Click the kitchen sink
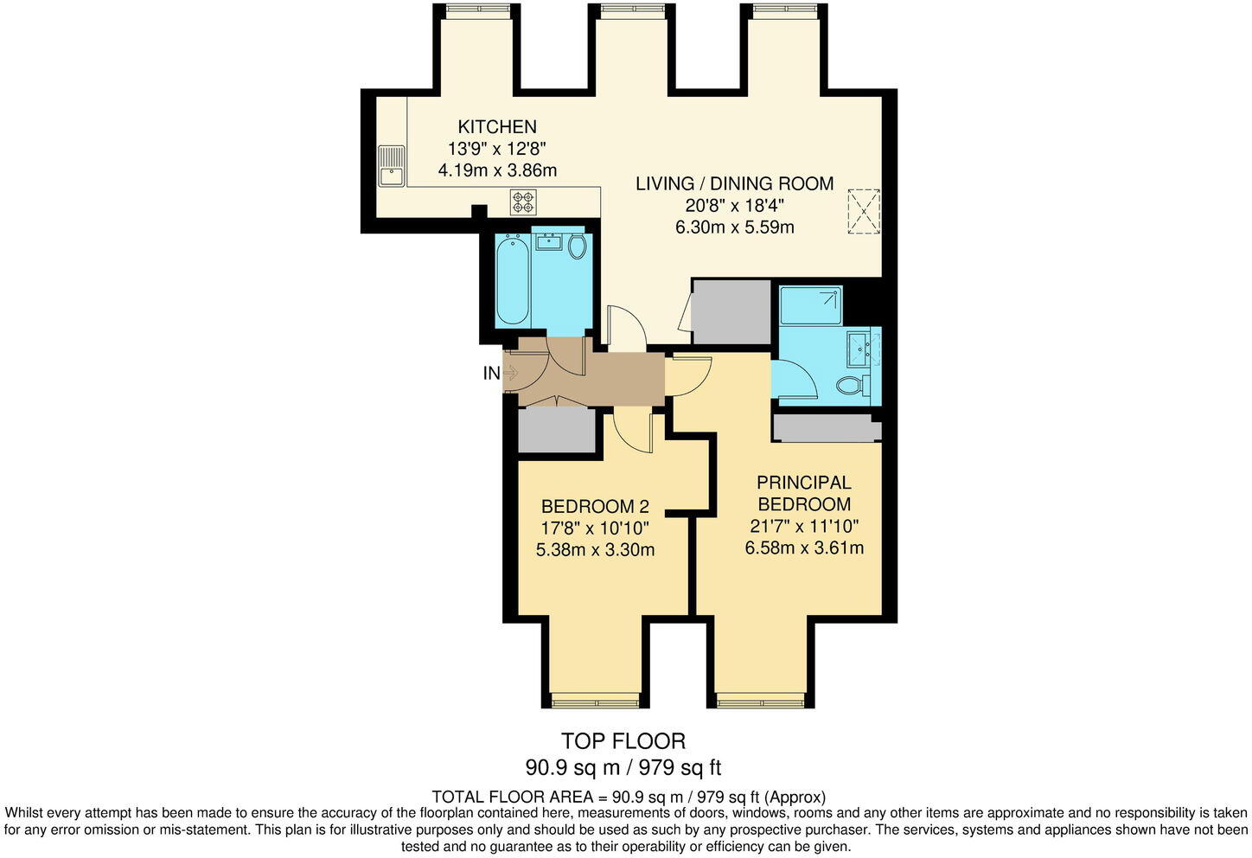(x=391, y=165)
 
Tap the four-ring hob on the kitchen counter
(x=522, y=202)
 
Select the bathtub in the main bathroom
(x=512, y=280)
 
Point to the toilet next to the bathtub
(x=577, y=247)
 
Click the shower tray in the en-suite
(x=810, y=305)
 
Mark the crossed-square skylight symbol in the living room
(x=863, y=211)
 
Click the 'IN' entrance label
(x=491, y=374)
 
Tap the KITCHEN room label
(x=497, y=127)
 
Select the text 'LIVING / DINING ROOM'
(x=734, y=183)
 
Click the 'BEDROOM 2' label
(x=595, y=507)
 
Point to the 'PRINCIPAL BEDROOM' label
(x=803, y=493)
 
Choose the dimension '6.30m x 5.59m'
(x=734, y=227)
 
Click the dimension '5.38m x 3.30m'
(x=595, y=549)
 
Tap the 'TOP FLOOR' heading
(x=623, y=740)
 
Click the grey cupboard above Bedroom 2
(x=555, y=429)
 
